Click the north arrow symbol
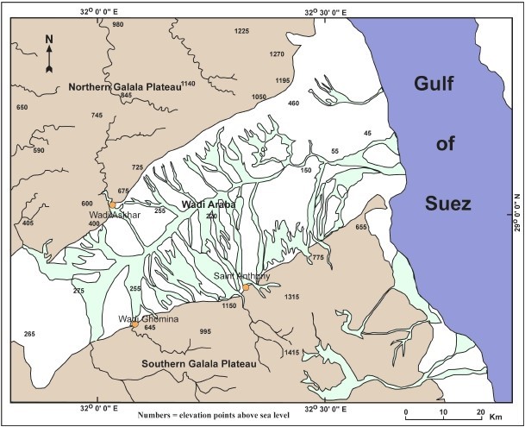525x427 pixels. [x=49, y=54]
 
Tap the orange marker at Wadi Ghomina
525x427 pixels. [x=134, y=325]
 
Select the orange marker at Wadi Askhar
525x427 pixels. [x=113, y=204]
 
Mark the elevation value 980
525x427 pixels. [x=118, y=24]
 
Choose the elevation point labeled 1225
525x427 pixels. [x=241, y=31]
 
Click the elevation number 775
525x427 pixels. [x=318, y=257]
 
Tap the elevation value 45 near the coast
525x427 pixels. [x=367, y=133]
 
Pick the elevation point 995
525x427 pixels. [x=205, y=331]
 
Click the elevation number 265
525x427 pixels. [x=29, y=333]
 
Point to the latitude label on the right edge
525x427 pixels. [x=517, y=210]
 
